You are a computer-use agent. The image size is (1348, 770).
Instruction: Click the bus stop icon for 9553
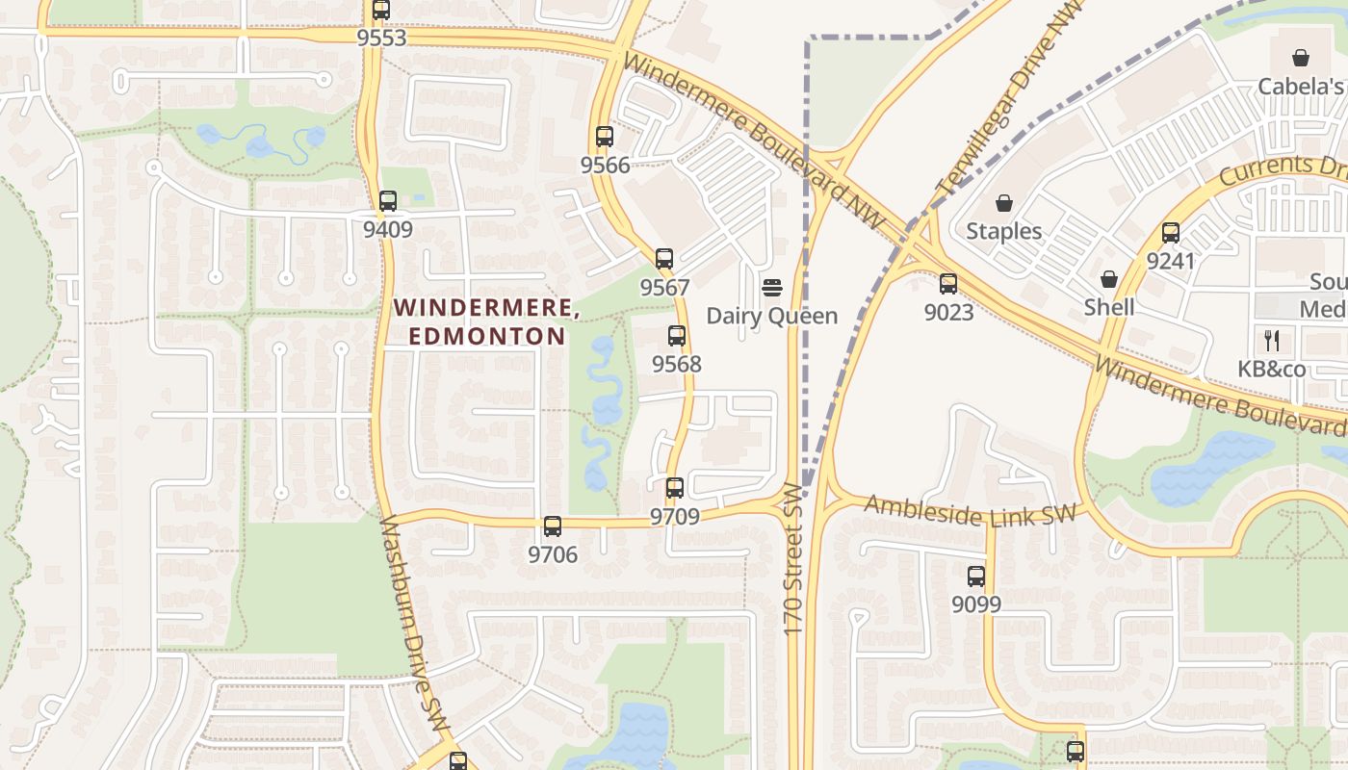click(381, 11)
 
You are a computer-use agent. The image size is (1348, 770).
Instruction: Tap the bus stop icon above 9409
click(388, 201)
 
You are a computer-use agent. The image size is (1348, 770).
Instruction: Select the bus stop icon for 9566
click(605, 137)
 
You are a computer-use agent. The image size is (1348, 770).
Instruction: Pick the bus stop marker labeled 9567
click(664, 259)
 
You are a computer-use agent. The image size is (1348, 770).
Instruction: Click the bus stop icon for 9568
click(677, 336)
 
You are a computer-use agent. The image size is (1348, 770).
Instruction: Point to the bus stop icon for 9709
click(675, 488)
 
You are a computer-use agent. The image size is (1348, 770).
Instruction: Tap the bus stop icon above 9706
click(553, 526)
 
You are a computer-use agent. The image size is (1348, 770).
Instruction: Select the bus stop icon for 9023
click(948, 284)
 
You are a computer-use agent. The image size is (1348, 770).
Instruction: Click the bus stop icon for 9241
click(1171, 233)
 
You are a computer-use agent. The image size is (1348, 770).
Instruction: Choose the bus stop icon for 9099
click(976, 577)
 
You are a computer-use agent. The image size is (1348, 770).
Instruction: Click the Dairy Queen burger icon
click(772, 288)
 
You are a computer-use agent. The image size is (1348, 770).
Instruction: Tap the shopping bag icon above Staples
click(1004, 203)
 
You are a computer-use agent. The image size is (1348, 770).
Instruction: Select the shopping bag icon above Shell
click(1109, 279)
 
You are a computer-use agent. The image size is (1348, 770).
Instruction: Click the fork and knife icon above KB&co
click(1272, 341)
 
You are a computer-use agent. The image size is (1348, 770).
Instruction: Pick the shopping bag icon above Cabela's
click(1301, 58)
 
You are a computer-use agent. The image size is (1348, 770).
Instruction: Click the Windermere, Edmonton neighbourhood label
click(486, 322)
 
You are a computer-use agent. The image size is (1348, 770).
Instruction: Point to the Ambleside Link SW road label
click(970, 512)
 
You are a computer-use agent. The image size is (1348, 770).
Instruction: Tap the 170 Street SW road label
click(793, 558)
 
